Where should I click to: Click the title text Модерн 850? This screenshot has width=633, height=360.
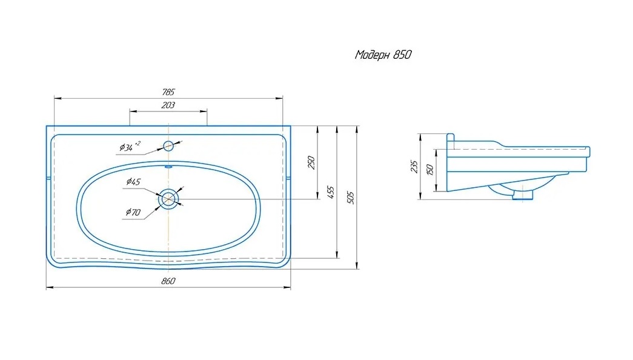tap(383, 55)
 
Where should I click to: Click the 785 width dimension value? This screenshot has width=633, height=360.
tap(168, 92)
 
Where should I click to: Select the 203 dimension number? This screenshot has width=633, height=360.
tap(168, 105)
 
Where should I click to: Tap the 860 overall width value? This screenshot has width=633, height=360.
tap(168, 281)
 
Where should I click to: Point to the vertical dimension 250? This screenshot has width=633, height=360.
tap(311, 162)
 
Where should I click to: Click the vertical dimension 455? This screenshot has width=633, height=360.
tap(331, 193)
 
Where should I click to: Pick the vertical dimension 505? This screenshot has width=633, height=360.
tap(350, 198)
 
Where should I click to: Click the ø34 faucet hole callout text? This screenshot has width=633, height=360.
tap(130, 146)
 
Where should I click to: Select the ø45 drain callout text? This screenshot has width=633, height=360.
tap(133, 182)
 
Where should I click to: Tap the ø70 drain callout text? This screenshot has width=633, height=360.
tap(133, 212)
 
